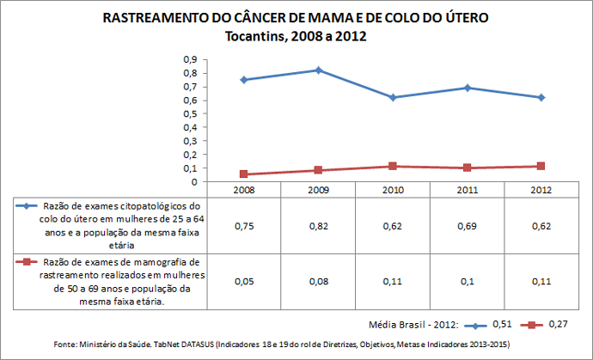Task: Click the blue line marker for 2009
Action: pyautogui.click(x=318, y=70)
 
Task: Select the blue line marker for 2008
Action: pyautogui.click(x=244, y=80)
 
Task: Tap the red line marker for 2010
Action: pyautogui.click(x=393, y=166)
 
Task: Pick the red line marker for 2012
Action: pyautogui.click(x=541, y=166)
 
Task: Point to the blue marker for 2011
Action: pyautogui.click(x=467, y=88)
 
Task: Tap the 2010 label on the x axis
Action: pyautogui.click(x=393, y=188)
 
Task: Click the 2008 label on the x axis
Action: pyautogui.click(x=244, y=188)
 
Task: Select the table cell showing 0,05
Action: pyautogui.click(x=244, y=281)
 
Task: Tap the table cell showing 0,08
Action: pyautogui.click(x=318, y=281)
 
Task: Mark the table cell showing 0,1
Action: pyautogui.click(x=467, y=281)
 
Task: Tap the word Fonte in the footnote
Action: pyautogui.click(x=66, y=344)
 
